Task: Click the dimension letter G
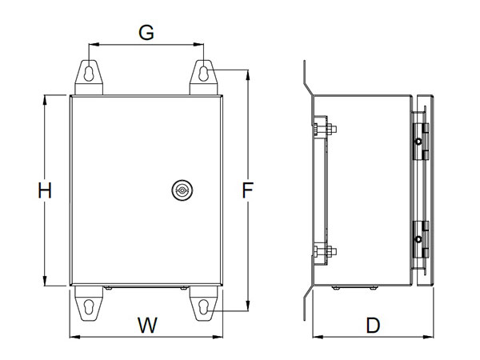tap(146, 33)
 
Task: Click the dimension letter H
tap(45, 190)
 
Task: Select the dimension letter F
tap(248, 190)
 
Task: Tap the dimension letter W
tap(147, 325)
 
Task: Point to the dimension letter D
tap(373, 326)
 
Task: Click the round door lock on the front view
tap(182, 190)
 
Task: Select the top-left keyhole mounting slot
tap(89, 74)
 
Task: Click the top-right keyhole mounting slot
tap(203, 74)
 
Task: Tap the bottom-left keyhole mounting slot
tap(89, 306)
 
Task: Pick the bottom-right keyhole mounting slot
tap(203, 306)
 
